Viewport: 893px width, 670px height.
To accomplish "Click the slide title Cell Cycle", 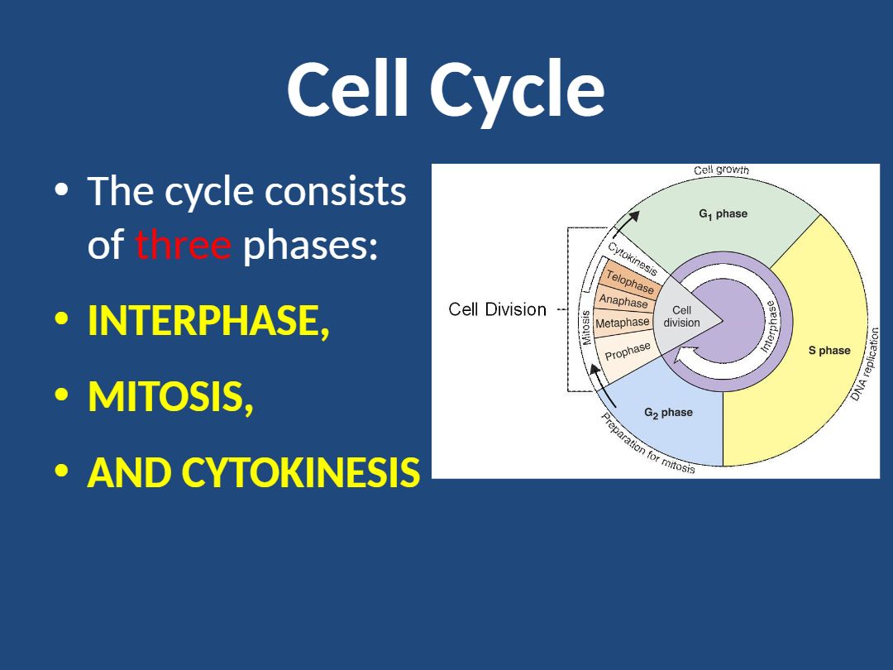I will point(446,89).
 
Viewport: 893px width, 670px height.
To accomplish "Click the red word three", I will point(184,245).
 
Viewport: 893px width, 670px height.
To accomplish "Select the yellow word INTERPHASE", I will point(208,322).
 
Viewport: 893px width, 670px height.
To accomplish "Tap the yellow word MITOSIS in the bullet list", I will point(170,398).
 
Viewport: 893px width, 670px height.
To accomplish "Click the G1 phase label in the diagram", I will point(723,214).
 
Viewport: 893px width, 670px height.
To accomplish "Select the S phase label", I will point(829,351).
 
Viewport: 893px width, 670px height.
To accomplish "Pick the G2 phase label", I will point(668,413).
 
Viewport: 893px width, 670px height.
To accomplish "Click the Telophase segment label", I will point(630,281).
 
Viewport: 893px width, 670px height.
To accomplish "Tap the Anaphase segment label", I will point(623,302).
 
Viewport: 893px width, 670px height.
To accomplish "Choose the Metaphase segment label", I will point(623,323).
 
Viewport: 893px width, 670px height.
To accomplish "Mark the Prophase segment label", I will point(628,351).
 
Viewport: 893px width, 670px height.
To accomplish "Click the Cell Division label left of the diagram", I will point(497,309).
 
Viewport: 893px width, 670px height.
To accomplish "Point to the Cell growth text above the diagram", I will point(721,170).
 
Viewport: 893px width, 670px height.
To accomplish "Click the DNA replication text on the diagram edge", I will point(867,364).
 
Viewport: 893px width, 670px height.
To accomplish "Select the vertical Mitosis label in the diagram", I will point(586,328).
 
